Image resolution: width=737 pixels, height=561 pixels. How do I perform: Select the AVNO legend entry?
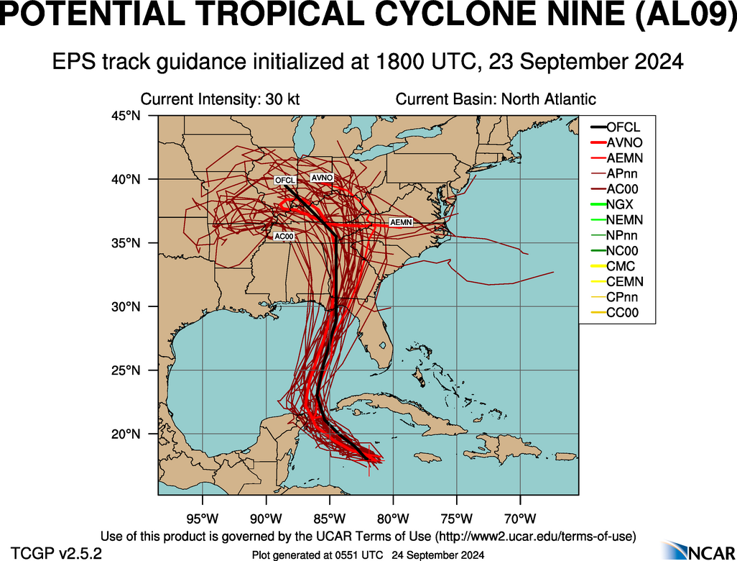[623, 142]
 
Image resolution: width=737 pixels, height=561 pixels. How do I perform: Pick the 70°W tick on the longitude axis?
[520, 518]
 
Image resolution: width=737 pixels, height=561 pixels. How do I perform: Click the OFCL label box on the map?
[285, 180]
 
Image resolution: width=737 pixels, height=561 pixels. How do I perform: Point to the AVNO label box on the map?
[321, 177]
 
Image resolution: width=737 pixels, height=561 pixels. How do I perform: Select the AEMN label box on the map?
[400, 223]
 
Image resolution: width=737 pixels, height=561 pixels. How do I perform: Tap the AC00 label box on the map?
[283, 236]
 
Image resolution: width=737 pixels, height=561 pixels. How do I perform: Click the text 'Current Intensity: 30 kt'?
[220, 99]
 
